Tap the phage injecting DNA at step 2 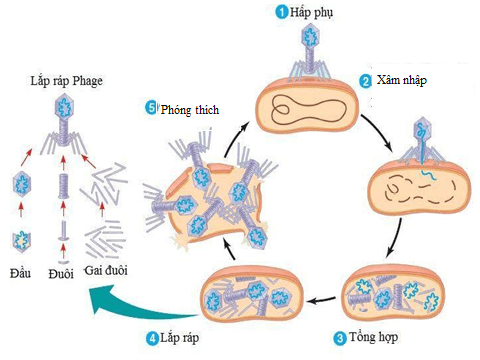[419, 140]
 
